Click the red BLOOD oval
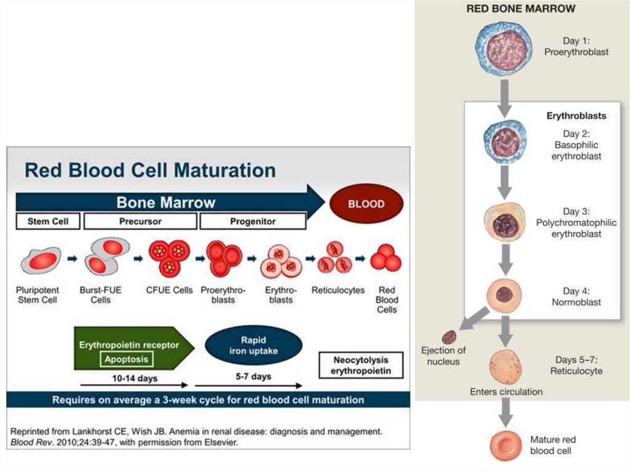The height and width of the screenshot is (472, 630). [367, 204]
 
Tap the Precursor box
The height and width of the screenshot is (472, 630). [140, 222]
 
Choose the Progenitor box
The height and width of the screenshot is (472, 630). [252, 222]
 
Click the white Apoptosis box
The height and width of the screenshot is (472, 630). [126, 359]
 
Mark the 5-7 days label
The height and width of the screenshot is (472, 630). [253, 376]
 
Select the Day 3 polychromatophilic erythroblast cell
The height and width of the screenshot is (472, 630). [505, 223]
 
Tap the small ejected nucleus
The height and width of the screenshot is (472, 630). [450, 337]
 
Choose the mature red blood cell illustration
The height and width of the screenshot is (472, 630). [505, 446]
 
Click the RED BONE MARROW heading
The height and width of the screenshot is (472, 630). [520, 9]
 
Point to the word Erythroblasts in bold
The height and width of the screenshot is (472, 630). [576, 116]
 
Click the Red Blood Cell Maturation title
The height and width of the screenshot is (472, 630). [150, 169]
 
